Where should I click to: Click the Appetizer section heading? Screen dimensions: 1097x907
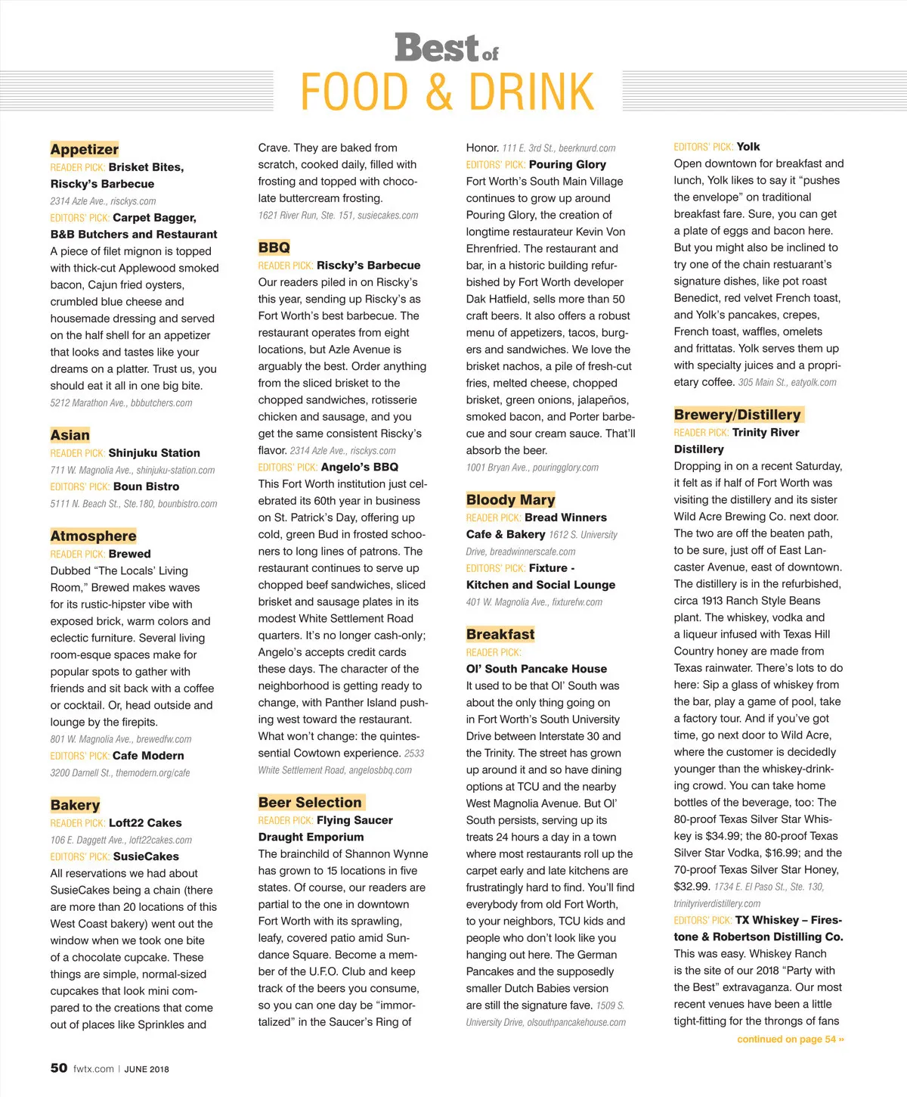[85, 149]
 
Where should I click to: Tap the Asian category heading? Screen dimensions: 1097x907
[70, 435]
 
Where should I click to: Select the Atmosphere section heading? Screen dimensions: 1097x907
[93, 536]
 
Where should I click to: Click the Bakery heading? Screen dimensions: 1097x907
[75, 805]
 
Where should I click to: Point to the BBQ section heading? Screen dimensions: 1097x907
[274, 247]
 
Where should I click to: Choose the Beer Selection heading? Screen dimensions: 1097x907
[310, 803]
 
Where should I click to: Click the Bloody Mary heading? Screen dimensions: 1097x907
[510, 499]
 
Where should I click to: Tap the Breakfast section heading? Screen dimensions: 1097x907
[500, 634]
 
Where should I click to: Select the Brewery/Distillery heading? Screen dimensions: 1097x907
[737, 415]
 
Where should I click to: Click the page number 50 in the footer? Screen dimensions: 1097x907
[59, 1068]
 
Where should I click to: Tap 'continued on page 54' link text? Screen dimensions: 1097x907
[790, 1040]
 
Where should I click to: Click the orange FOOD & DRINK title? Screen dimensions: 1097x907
[447, 92]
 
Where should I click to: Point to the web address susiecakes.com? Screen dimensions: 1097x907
[388, 216]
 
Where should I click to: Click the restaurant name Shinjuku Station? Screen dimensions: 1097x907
[154, 453]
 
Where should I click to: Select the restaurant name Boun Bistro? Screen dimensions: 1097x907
[146, 486]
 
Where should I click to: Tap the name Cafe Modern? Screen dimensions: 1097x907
[148, 756]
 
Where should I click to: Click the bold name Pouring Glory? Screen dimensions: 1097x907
[567, 164]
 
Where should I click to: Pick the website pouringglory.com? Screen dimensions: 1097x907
[565, 468]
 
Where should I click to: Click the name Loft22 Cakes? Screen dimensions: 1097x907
[145, 823]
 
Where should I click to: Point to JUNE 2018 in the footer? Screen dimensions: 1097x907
[147, 1069]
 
